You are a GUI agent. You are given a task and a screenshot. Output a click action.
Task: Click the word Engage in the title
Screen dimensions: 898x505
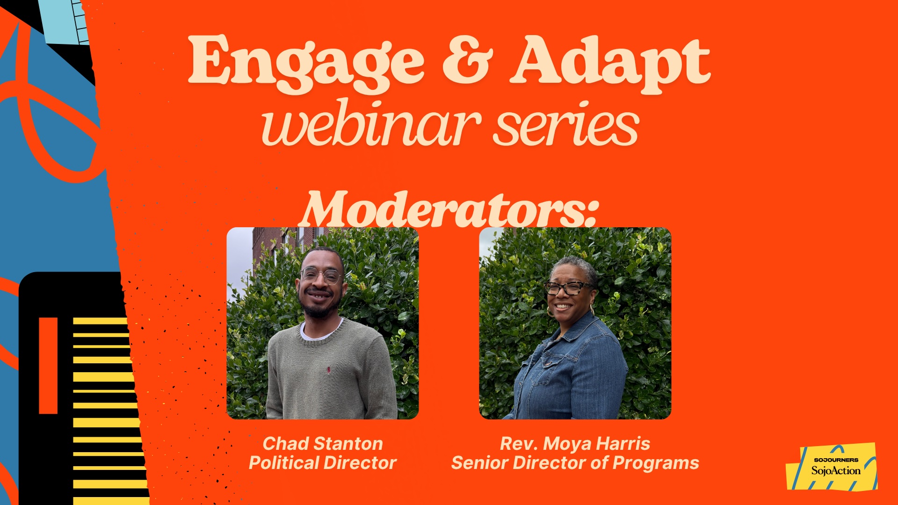click(x=306, y=63)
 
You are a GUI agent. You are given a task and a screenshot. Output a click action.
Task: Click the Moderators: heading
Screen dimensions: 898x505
click(x=449, y=209)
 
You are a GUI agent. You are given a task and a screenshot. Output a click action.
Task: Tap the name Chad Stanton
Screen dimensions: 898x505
click(x=323, y=443)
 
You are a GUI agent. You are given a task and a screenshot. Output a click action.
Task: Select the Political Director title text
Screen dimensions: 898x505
click(x=323, y=463)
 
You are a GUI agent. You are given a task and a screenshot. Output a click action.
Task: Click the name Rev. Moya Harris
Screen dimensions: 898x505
click(x=575, y=443)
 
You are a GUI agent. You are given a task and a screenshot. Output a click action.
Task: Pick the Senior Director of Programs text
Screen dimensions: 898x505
click(x=575, y=463)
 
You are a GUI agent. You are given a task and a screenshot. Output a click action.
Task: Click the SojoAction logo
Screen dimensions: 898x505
click(x=832, y=467)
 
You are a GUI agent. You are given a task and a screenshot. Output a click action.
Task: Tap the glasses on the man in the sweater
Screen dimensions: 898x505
click(x=322, y=276)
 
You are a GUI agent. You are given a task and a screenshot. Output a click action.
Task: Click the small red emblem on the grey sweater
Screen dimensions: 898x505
click(x=329, y=370)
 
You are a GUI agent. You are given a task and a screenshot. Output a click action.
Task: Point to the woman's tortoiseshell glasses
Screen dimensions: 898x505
click(x=568, y=288)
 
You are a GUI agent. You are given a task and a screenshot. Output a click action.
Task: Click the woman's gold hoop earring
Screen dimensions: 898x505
click(x=593, y=310)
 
